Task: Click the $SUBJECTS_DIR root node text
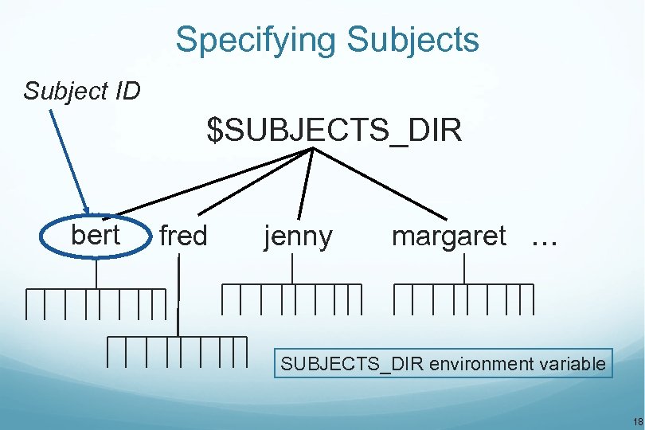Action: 334,131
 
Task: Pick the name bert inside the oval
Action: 96,236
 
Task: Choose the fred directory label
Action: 183,236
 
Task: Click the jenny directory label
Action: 298,236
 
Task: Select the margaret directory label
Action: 448,236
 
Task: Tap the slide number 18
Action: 636,420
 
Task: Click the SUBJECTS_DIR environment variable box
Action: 444,365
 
